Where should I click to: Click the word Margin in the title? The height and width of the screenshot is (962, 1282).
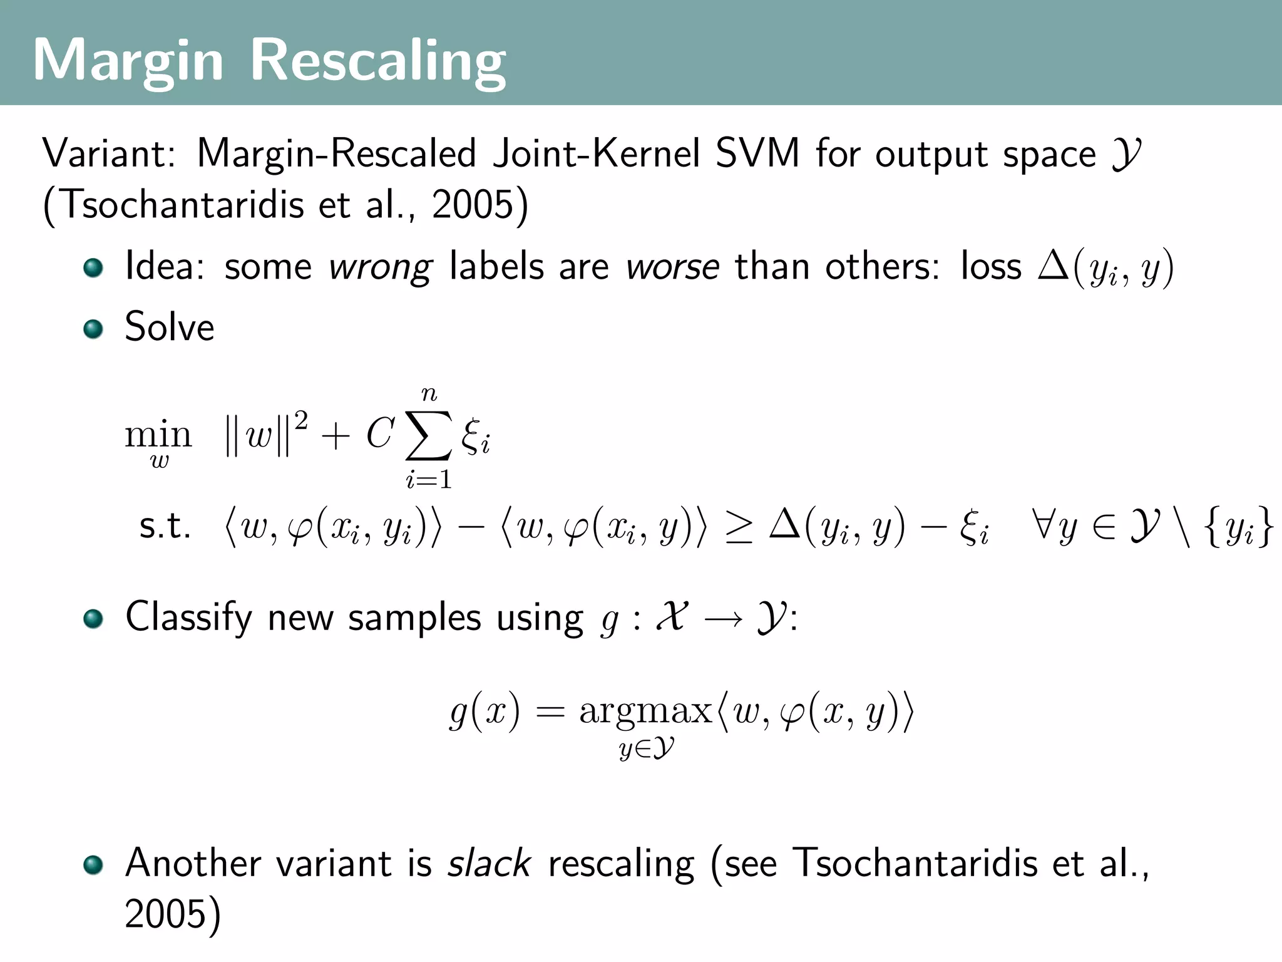point(128,61)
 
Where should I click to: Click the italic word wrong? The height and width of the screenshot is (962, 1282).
point(380,267)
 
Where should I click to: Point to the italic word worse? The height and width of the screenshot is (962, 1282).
point(672,267)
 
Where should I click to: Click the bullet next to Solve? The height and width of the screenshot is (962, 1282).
point(93,328)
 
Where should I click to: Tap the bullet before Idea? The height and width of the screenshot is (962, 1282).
point(93,267)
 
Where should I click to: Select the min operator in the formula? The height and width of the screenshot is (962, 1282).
point(158,434)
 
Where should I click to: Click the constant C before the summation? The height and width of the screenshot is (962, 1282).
point(380,433)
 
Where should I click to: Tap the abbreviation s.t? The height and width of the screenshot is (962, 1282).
point(165,526)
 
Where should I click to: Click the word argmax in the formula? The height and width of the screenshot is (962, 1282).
point(645,711)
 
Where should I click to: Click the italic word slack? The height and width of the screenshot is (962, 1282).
point(489,863)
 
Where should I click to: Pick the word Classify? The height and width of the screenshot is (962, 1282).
point(188,618)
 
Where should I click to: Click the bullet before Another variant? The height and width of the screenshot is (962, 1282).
point(93,865)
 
